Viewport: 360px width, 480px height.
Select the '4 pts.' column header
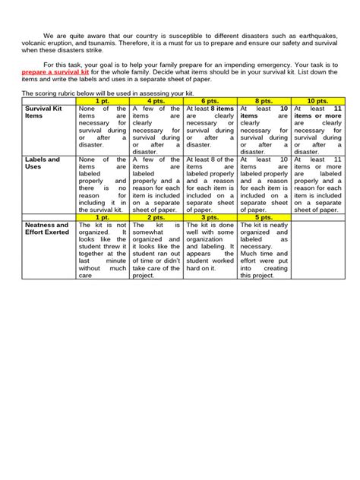(x=156, y=100)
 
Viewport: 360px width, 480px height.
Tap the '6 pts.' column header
(x=210, y=100)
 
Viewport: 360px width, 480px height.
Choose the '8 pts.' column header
(x=264, y=100)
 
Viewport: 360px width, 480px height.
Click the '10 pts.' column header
(x=317, y=100)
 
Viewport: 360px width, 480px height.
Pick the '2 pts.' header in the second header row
(x=156, y=217)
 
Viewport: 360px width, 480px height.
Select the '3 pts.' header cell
(x=210, y=217)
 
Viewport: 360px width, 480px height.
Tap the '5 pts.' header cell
(x=264, y=217)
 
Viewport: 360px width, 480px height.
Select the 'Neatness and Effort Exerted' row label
(x=47, y=229)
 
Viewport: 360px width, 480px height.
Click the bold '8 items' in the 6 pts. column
(x=223, y=109)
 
